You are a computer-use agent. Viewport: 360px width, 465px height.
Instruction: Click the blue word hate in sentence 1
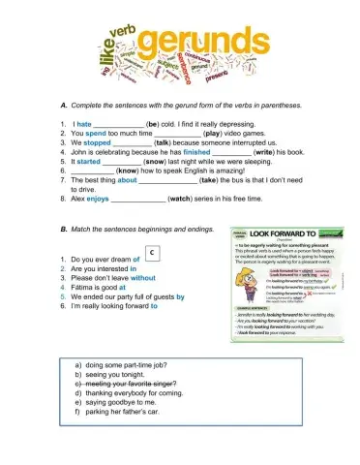coord(84,124)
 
